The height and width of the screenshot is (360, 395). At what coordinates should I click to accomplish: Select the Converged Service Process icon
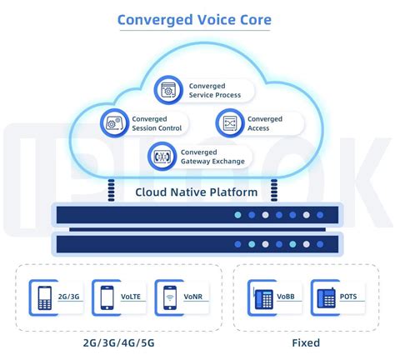pyautogui.click(x=170, y=89)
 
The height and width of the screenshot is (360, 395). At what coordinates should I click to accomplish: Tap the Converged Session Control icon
pyautogui.click(x=112, y=123)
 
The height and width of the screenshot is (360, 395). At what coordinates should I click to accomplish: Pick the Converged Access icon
pyautogui.click(x=229, y=123)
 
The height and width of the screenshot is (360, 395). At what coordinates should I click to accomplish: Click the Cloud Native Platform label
pyautogui.click(x=196, y=192)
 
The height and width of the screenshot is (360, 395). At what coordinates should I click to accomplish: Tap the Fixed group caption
pyautogui.click(x=305, y=342)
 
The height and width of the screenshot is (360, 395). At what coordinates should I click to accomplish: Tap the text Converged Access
pyautogui.click(x=265, y=123)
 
